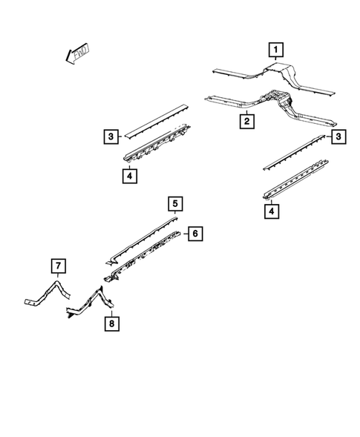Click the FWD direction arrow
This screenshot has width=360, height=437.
pyautogui.click(x=76, y=53)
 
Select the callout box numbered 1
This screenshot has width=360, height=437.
pyautogui.click(x=275, y=50)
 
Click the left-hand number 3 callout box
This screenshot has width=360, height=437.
pyautogui.click(x=110, y=136)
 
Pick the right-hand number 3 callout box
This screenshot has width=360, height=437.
pyautogui.click(x=338, y=137)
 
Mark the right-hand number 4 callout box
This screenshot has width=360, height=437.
pyautogui.click(x=272, y=212)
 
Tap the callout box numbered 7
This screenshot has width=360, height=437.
pyautogui.click(x=57, y=266)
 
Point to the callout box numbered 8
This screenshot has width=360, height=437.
pyautogui.click(x=110, y=323)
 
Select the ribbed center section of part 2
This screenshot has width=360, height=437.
pyautogui.click(x=276, y=99)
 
